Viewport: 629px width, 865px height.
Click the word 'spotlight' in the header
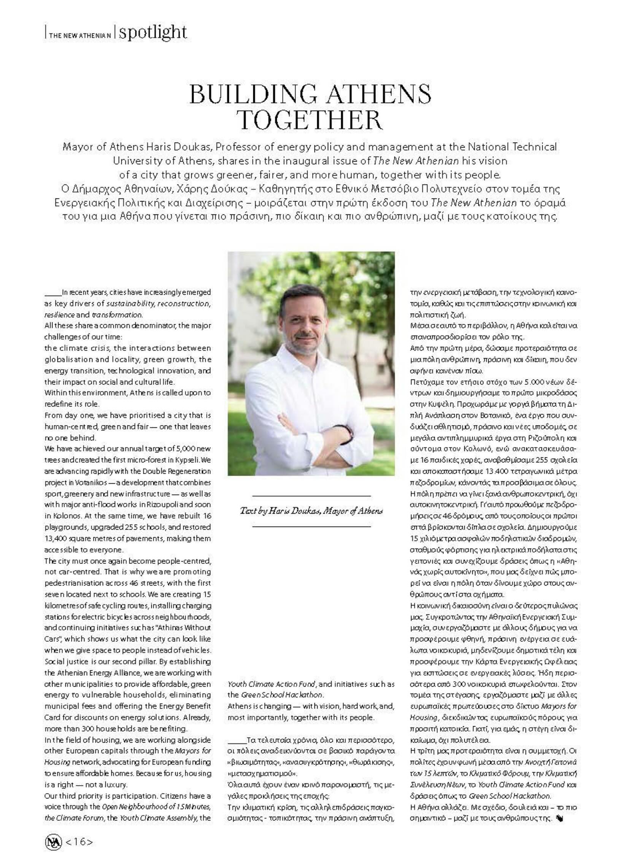click(x=152, y=33)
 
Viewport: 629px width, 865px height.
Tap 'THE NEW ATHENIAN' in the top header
click(x=80, y=35)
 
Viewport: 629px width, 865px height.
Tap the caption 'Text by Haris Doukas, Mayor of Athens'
click(x=311, y=511)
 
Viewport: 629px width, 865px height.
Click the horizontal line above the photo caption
click(x=311, y=496)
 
